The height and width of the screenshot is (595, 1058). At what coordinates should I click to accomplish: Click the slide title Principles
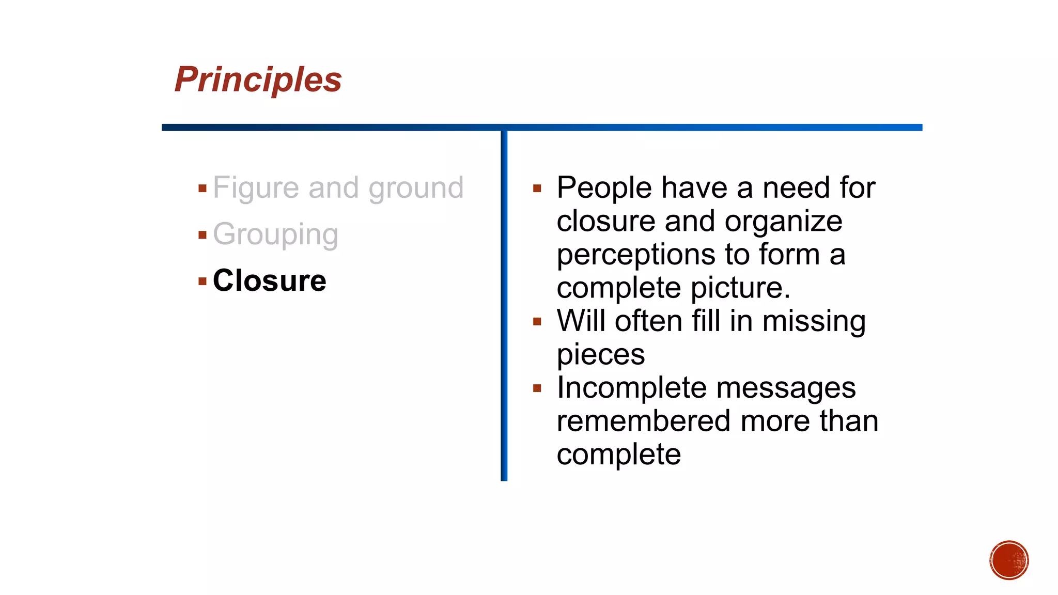click(258, 80)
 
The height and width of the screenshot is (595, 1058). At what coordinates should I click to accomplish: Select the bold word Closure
click(269, 280)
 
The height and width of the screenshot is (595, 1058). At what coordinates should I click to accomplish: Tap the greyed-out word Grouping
click(275, 235)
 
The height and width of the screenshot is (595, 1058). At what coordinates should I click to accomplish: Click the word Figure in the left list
click(256, 187)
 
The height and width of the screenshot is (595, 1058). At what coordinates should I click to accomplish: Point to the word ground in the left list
click(416, 187)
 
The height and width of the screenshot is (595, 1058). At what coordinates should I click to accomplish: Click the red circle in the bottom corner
click(1009, 560)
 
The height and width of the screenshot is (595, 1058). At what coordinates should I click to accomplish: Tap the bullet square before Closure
click(203, 281)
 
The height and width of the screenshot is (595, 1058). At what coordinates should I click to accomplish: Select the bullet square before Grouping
click(203, 236)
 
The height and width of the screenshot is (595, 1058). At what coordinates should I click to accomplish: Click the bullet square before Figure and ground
click(203, 189)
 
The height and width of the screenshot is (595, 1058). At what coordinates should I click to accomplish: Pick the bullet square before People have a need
click(537, 189)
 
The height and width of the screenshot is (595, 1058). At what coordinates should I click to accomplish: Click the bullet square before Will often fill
click(537, 322)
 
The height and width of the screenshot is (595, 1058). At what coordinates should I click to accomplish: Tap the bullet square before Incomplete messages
click(537, 388)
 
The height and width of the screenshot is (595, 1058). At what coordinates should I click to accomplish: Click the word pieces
click(601, 355)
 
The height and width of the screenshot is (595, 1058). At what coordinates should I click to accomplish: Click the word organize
click(783, 222)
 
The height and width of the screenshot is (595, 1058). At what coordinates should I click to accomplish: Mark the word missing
click(814, 321)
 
